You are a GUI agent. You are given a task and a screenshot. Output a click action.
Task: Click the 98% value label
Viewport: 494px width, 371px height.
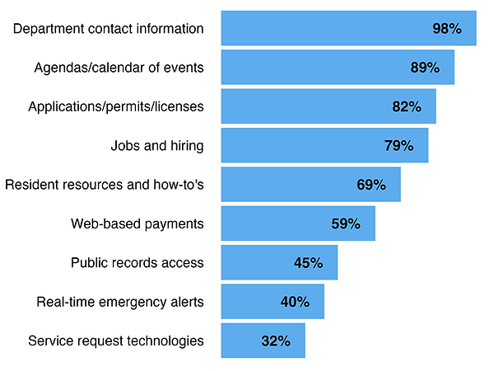[447, 29]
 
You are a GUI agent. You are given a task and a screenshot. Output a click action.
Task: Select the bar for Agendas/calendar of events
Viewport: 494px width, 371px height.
[338, 68]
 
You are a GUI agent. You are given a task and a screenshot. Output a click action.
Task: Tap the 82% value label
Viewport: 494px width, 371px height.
[407, 107]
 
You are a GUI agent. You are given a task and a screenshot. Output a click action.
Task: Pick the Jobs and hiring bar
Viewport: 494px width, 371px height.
[324, 146]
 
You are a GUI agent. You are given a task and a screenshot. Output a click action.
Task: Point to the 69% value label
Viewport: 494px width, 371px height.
[371, 185]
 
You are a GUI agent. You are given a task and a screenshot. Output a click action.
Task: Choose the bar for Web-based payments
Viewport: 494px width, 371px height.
[298, 223]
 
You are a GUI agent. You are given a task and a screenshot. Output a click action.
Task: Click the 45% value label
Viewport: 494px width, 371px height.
[309, 263]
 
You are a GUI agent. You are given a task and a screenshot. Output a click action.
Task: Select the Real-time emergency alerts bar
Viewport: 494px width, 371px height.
[273, 302]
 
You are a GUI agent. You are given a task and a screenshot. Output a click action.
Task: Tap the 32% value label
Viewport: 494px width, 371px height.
[276, 340]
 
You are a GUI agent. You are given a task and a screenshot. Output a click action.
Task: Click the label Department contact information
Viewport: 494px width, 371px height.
[109, 29]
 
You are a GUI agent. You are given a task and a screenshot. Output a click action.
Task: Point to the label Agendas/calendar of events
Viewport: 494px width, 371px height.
[119, 68]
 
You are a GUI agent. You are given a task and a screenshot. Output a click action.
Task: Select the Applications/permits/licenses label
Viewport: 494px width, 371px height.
[116, 107]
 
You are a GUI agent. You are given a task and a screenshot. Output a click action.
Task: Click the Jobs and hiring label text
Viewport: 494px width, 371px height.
[157, 146]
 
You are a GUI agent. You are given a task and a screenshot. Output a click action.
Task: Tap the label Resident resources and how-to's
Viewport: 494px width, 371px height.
[105, 185]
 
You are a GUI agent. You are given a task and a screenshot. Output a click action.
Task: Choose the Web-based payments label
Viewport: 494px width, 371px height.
[137, 223]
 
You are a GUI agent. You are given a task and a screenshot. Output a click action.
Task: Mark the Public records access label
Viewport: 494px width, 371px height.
[137, 263]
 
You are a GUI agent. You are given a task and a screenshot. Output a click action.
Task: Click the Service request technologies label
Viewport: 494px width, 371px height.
[116, 340]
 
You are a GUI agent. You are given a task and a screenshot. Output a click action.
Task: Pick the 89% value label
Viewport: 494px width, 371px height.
[425, 68]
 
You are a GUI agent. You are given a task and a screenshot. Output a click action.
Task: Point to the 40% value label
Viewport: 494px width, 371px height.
[295, 302]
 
